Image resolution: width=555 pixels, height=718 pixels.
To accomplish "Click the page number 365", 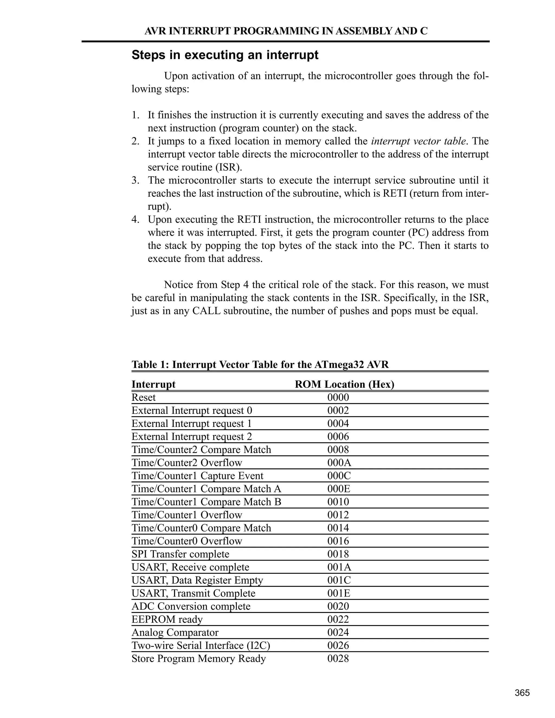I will [x=522, y=693].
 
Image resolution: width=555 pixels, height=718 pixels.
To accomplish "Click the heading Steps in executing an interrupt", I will [x=225, y=55].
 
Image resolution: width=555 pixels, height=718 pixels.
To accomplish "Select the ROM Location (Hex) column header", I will [x=344, y=384].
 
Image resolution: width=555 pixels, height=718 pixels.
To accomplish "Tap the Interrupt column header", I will [x=154, y=384].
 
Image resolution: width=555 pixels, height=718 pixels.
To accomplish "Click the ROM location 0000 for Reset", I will [x=338, y=397].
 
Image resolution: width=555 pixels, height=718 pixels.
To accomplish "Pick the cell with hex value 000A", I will [x=339, y=463].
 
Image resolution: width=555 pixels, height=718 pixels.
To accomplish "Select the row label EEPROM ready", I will [x=167, y=619].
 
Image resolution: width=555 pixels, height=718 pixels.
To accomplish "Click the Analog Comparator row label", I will [x=175, y=633].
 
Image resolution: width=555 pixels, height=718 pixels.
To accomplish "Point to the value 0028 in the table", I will [x=338, y=658].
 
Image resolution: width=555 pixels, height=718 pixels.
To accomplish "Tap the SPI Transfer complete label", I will [x=180, y=554].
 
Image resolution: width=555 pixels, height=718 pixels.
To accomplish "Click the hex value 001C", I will [x=339, y=580].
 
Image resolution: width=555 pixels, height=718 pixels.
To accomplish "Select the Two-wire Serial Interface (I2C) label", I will [x=201, y=645].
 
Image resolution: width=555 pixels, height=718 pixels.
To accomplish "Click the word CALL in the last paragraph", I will [x=206, y=311].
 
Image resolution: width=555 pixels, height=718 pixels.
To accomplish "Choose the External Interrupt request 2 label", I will [x=192, y=436].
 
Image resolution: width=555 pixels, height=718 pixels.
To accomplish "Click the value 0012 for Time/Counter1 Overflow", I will [x=338, y=515].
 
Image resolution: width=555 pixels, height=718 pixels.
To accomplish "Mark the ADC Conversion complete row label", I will [x=191, y=606].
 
